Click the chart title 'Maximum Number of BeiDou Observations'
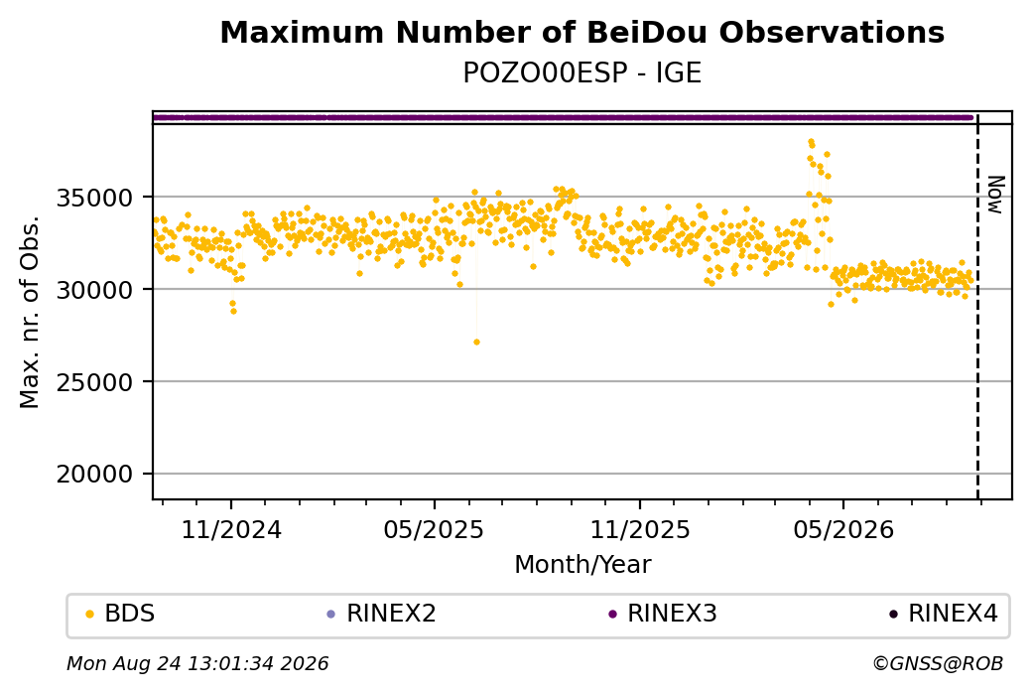(x=581, y=32)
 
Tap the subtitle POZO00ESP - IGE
(x=581, y=72)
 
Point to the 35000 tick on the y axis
(x=94, y=198)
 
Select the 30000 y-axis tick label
(x=94, y=290)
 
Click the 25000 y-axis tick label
(x=94, y=382)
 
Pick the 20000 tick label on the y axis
(x=94, y=474)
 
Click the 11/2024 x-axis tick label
(x=231, y=529)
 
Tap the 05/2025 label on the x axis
(x=434, y=529)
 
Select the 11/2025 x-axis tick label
(x=640, y=529)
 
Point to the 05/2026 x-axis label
(x=843, y=529)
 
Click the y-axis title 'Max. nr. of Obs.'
(x=30, y=312)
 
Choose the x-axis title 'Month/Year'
(x=582, y=564)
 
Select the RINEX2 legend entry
(x=382, y=614)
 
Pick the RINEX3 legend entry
(x=663, y=614)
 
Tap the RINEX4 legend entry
(x=944, y=614)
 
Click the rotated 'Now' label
(x=996, y=195)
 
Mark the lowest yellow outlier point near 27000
(x=476, y=342)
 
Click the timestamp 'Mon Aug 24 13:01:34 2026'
(x=197, y=663)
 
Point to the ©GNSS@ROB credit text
(x=938, y=663)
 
